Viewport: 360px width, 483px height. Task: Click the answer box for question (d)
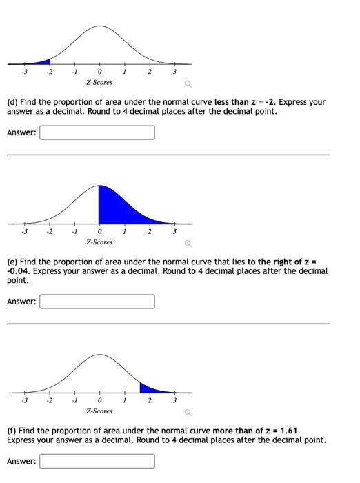click(x=97, y=132)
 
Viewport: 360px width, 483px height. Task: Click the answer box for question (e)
click(x=97, y=302)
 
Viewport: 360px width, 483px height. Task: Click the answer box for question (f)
click(x=97, y=460)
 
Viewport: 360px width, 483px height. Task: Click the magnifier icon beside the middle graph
click(x=186, y=244)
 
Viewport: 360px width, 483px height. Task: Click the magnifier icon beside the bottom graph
click(x=186, y=413)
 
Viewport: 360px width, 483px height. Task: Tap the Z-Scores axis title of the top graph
click(x=99, y=83)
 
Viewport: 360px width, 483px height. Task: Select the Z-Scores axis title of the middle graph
click(x=99, y=242)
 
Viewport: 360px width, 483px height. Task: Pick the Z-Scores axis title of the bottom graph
click(x=99, y=411)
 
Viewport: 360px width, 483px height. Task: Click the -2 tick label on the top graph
click(x=48, y=72)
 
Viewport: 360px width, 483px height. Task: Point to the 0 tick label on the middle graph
click(x=99, y=231)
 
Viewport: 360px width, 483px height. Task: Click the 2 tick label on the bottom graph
click(x=149, y=400)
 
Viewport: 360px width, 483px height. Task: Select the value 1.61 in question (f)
click(x=290, y=431)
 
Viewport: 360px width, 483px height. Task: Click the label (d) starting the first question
click(x=12, y=102)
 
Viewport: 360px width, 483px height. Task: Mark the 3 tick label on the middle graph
click(x=174, y=231)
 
